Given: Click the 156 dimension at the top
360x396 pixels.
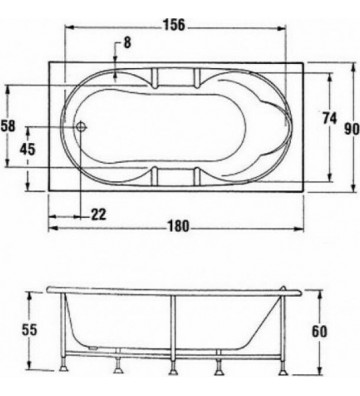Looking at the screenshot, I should pos(176,25).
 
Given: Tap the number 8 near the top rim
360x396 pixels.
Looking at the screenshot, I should pos(127,43).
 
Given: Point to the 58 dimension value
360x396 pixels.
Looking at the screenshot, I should pos(10,127).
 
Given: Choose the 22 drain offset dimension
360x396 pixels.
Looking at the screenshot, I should pos(99,214).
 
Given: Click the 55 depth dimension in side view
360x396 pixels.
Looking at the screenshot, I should pos(30,329).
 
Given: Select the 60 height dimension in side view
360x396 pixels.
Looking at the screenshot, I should pos(319,331).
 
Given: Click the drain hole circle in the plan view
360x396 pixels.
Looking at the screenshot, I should pos(82,129).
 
